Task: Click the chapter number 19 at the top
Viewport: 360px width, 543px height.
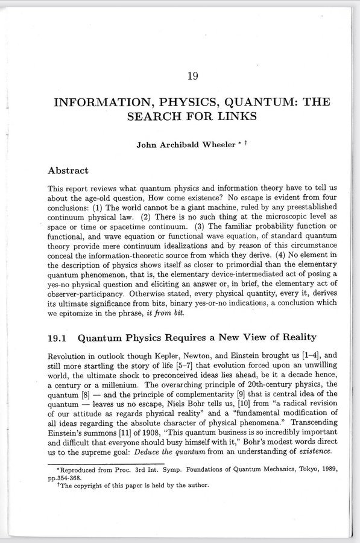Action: pyautogui.click(x=192, y=76)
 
